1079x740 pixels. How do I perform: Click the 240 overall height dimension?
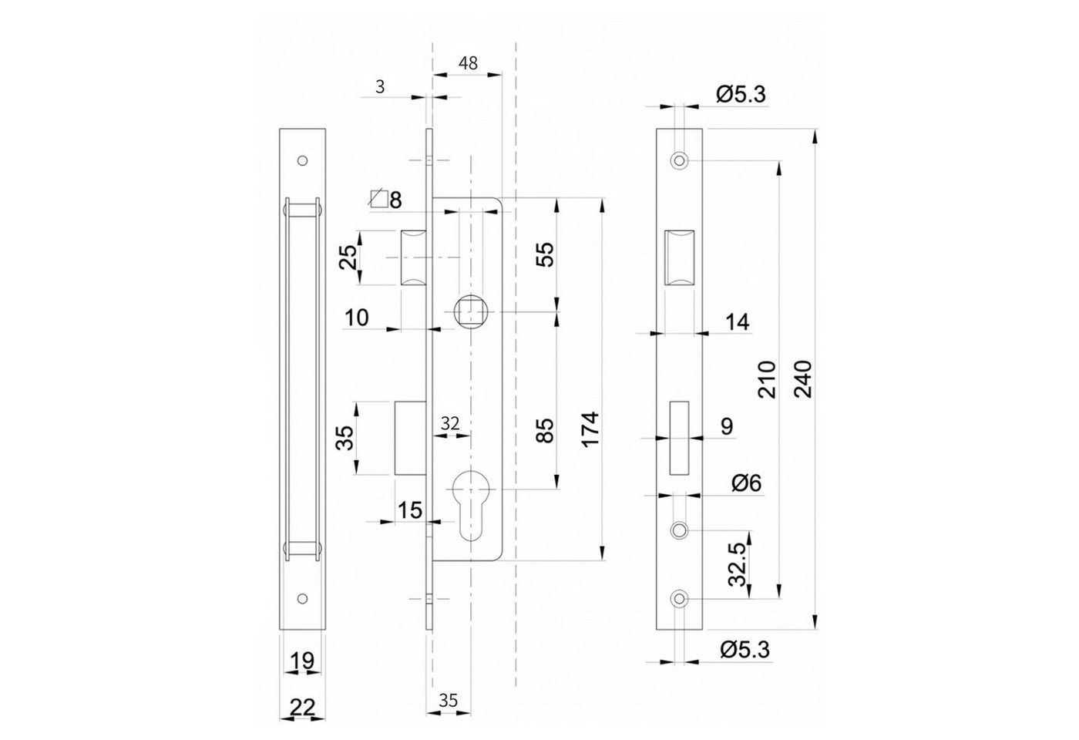click(x=803, y=378)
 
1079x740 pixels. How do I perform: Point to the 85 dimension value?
click(x=545, y=430)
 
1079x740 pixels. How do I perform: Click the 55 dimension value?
click(x=545, y=254)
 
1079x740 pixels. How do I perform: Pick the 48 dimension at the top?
click(x=468, y=63)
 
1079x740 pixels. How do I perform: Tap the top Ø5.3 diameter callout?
click(x=741, y=94)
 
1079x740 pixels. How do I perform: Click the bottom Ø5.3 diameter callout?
click(x=745, y=650)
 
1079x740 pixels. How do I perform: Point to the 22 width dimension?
click(x=302, y=708)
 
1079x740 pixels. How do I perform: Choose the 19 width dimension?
click(x=302, y=661)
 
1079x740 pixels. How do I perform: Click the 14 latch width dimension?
click(x=737, y=322)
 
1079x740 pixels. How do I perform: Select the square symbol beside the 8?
click(x=378, y=198)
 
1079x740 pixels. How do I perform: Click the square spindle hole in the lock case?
click(x=471, y=311)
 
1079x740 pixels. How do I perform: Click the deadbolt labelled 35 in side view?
click(x=410, y=438)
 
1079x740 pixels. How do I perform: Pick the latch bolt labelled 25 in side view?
click(x=414, y=257)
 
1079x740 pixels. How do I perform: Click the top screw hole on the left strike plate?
click(x=302, y=160)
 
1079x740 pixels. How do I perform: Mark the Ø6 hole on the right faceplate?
click(x=679, y=530)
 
